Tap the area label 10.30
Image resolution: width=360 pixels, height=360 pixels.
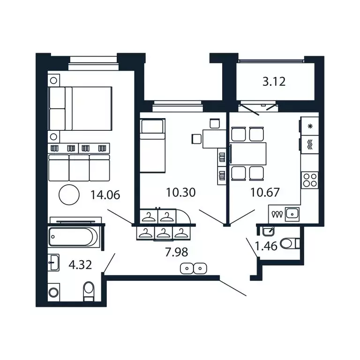(180, 192)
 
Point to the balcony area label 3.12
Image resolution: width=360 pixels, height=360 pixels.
(274, 82)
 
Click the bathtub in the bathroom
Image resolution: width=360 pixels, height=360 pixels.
(74, 237)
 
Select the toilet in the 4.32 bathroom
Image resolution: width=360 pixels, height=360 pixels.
(88, 291)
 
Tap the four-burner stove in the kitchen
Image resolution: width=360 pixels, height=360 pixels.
(310, 180)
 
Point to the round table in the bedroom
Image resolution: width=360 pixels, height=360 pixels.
(69, 195)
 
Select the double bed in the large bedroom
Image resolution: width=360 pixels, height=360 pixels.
(81, 109)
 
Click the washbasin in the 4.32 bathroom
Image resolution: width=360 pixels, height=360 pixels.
(54, 262)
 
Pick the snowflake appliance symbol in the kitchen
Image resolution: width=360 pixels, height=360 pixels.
(310, 126)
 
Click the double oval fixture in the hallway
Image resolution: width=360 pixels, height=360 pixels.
(194, 269)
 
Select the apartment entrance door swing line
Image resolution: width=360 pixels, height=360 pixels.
(233, 288)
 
